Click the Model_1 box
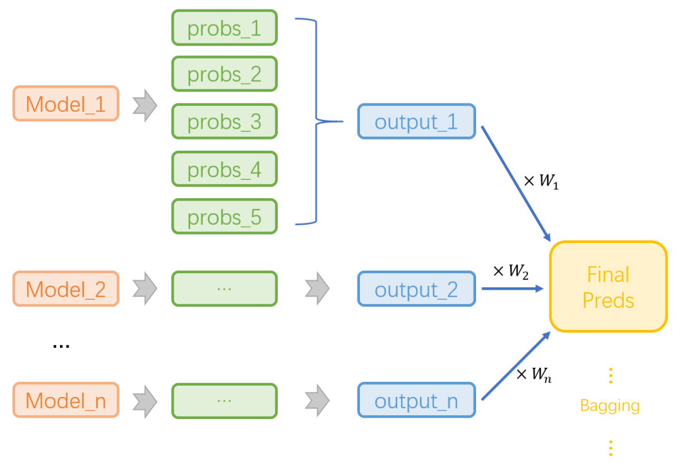coord(66,103)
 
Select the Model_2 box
coord(66,289)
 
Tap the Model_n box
coord(66,400)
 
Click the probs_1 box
coord(224,28)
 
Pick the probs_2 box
coord(224,74)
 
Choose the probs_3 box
coord(224,121)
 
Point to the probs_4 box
coord(224,169)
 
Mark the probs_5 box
coord(224,216)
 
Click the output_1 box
coord(416,121)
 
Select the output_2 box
coord(416,289)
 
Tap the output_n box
coord(416,400)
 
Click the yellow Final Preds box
coord(608,286)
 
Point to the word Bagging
coord(609,405)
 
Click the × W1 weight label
coord(541,182)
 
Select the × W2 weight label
coord(511,271)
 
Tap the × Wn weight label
coord(534,374)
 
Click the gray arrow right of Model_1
coord(145,105)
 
